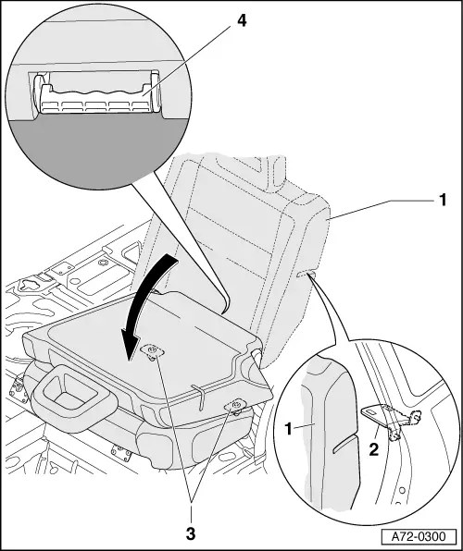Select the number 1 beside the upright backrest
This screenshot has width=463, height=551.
(x=443, y=199)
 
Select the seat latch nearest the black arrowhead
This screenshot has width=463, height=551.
(x=150, y=351)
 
